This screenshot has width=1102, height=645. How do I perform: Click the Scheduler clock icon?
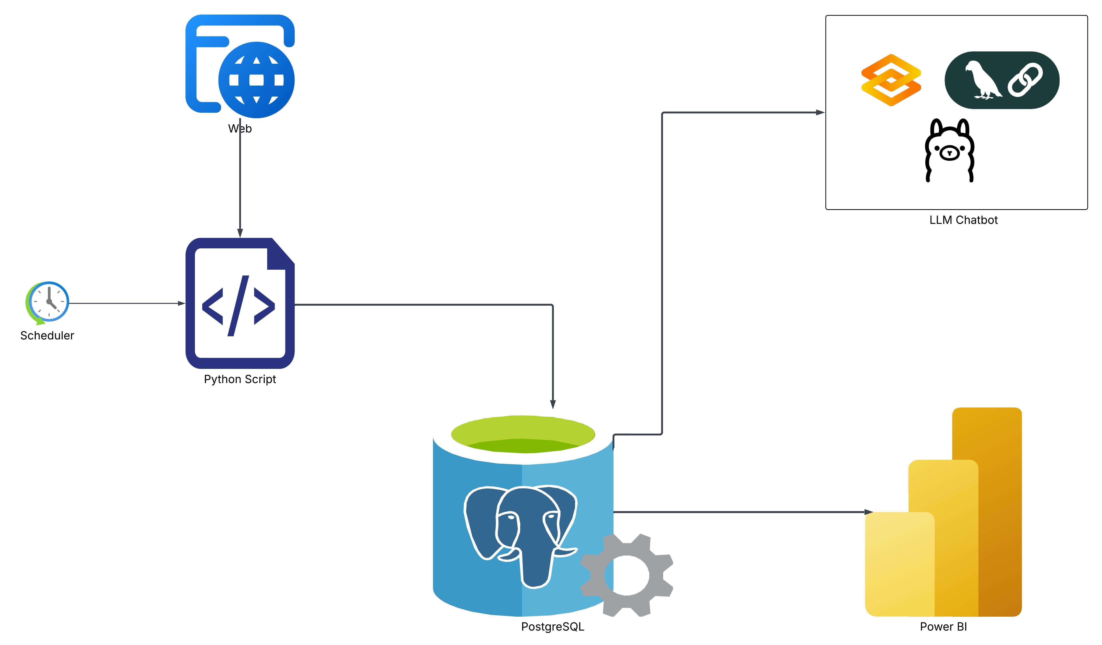(47, 303)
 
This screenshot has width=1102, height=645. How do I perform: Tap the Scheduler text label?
(47, 335)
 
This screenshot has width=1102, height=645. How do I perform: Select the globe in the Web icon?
(257, 80)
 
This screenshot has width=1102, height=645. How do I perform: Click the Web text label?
(240, 129)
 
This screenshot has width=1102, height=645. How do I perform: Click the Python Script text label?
(240, 379)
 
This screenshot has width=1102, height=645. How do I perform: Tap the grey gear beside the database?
(627, 576)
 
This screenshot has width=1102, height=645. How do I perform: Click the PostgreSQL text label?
(553, 627)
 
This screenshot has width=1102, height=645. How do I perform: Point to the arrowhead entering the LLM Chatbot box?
(820, 112)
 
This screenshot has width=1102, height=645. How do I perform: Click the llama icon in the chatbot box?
(949, 150)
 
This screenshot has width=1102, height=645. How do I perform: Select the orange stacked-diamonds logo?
(891, 80)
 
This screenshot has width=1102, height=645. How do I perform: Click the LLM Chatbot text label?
(964, 220)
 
